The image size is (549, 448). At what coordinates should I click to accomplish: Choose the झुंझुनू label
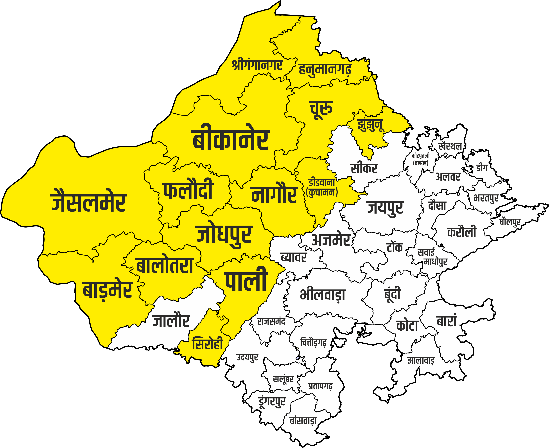point(370,125)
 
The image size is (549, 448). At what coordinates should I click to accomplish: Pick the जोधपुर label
point(224,234)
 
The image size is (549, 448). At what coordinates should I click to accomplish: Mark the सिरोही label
point(207,344)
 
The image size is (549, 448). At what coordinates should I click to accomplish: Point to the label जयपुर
point(385,208)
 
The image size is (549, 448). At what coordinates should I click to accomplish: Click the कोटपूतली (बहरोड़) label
point(421,159)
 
